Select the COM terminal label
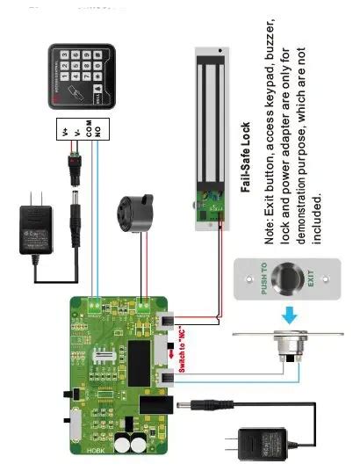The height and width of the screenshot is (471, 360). coord(88,127)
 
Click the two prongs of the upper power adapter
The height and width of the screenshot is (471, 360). coord(32,199)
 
